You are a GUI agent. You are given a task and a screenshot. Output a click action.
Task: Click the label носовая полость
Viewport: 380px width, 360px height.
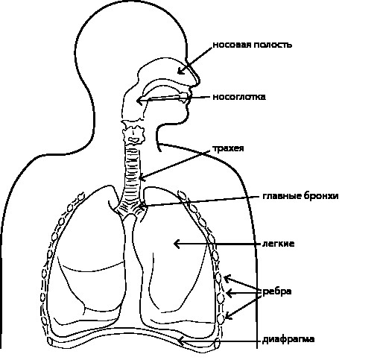click(253, 45)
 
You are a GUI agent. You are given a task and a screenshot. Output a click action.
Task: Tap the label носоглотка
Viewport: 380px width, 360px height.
click(239, 97)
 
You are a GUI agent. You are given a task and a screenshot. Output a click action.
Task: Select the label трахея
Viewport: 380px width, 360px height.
click(228, 148)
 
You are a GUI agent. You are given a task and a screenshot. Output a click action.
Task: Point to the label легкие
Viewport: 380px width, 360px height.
click(279, 244)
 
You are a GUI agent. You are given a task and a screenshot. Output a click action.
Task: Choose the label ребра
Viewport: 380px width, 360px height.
click(277, 292)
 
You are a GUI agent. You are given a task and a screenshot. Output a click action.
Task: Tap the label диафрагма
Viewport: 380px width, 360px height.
click(288, 340)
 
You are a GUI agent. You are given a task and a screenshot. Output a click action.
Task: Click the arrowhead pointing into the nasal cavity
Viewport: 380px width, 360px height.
click(180, 71)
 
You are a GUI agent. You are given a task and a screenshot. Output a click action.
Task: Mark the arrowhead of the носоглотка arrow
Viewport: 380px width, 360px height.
click(139, 101)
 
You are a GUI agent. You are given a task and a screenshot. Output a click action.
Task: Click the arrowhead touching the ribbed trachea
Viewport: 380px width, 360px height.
click(142, 178)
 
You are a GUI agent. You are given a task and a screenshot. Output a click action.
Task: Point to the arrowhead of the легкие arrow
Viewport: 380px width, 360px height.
click(176, 244)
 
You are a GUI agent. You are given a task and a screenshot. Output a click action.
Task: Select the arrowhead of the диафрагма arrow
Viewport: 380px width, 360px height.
click(180, 341)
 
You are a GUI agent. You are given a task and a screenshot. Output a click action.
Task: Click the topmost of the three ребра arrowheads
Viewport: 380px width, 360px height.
click(227, 279)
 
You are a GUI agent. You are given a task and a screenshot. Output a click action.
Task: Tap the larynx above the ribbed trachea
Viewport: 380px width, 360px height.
click(133, 132)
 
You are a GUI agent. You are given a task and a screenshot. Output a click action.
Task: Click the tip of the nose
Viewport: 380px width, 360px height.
click(200, 81)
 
